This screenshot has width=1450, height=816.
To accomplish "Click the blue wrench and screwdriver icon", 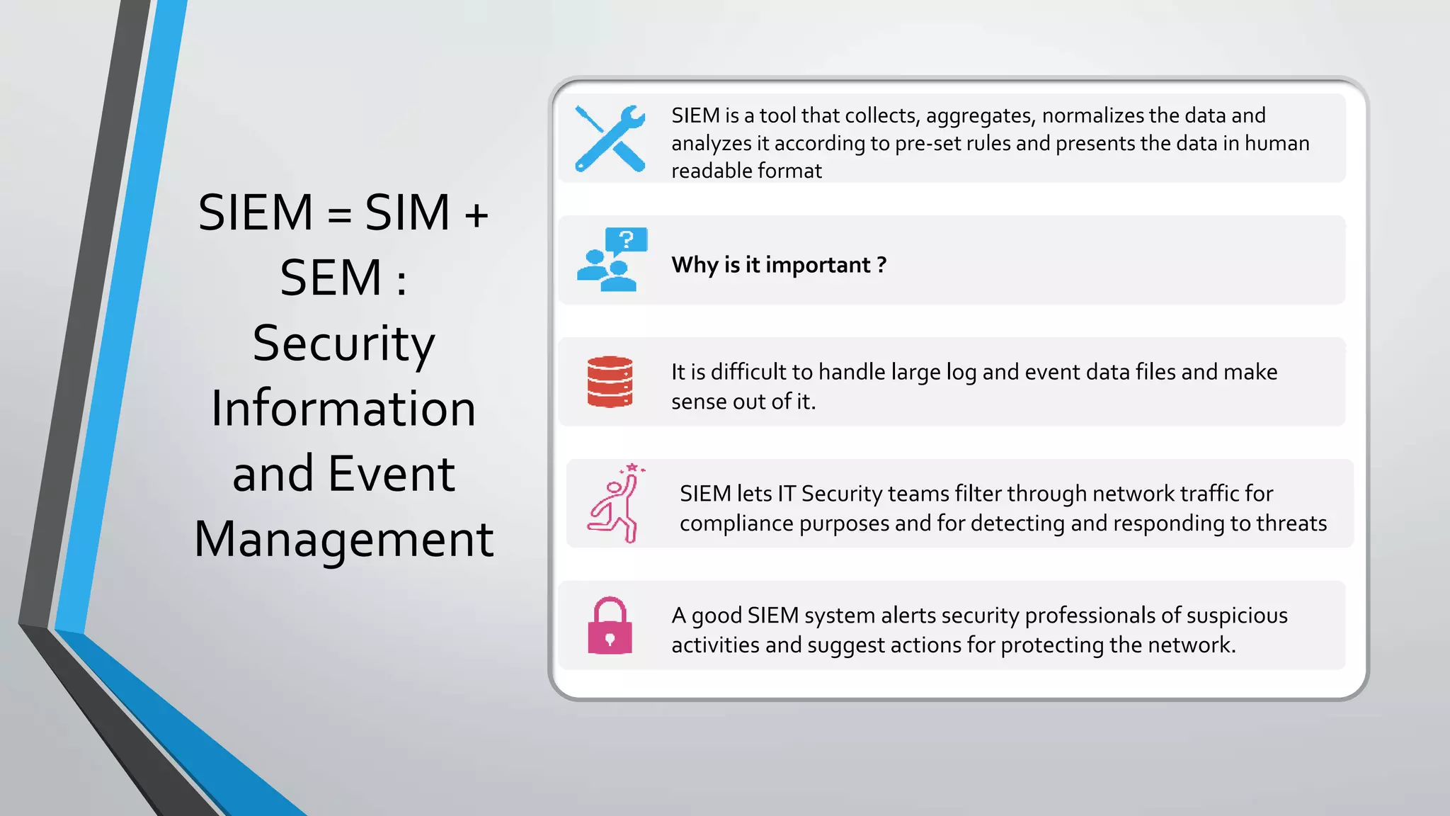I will click(x=610, y=139).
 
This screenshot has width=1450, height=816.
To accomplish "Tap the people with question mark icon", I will click(x=612, y=260).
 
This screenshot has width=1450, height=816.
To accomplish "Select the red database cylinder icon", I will click(x=610, y=382).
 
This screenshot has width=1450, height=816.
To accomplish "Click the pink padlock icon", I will click(x=610, y=625).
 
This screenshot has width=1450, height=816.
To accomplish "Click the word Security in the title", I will click(x=343, y=344).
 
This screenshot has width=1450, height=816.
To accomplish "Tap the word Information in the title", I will click(x=343, y=409).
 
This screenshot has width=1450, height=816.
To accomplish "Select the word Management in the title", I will click(x=343, y=539).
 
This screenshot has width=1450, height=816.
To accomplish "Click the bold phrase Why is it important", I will click(x=778, y=265).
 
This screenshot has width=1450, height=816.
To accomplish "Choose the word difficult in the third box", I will click(x=750, y=372).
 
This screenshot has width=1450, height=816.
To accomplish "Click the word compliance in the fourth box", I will click(x=736, y=523).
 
